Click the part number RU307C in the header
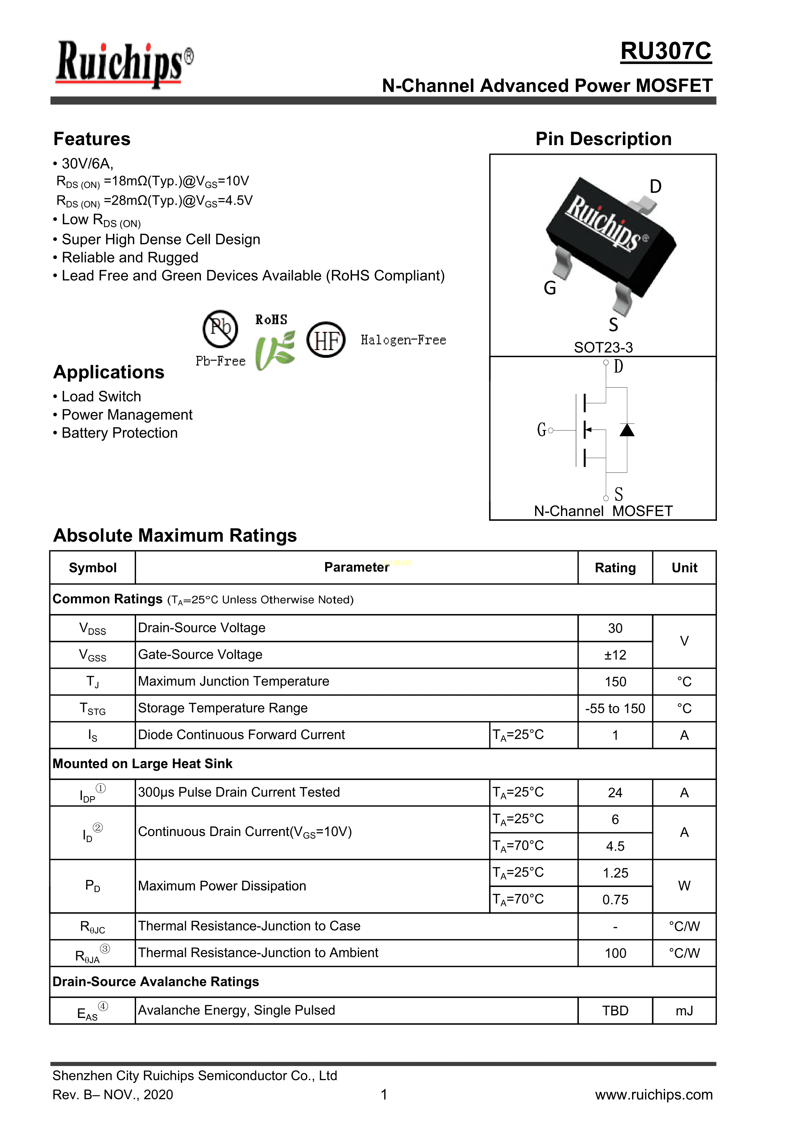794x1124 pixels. pyautogui.click(x=665, y=51)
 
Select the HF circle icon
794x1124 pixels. pyautogui.click(x=326, y=340)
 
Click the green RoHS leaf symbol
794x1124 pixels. pyautogui.click(x=275, y=350)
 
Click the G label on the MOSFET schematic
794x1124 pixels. pyautogui.click(x=541, y=430)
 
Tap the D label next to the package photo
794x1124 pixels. pyautogui.click(x=655, y=186)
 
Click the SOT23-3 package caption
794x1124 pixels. pyautogui.click(x=603, y=348)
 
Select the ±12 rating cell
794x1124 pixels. pyautogui.click(x=615, y=655)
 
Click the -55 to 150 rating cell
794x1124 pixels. pyautogui.click(x=615, y=708)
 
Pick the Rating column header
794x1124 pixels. pyautogui.click(x=615, y=568)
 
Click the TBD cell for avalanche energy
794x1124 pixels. pyautogui.click(x=615, y=1011)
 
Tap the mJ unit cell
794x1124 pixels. pyautogui.click(x=684, y=1011)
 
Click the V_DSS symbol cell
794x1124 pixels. pyautogui.click(x=92, y=628)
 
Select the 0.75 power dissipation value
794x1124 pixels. pyautogui.click(x=615, y=900)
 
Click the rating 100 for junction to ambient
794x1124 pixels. pyautogui.click(x=615, y=953)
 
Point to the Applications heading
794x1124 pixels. pyautogui.click(x=108, y=372)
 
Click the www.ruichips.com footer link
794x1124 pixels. pyautogui.click(x=654, y=1095)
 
